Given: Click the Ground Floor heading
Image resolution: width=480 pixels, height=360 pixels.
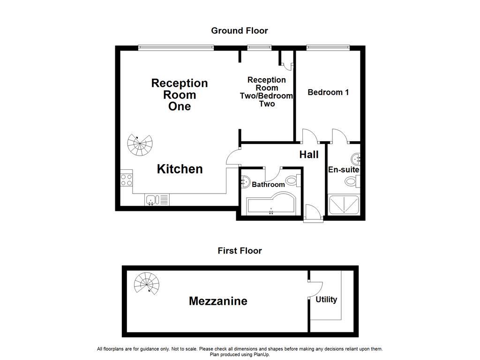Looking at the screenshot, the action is click(x=240, y=30).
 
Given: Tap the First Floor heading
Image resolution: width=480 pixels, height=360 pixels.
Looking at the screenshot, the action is click(x=240, y=251).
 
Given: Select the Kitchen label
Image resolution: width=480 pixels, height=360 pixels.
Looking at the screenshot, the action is click(x=180, y=169).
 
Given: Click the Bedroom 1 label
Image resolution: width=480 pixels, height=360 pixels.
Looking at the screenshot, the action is click(x=328, y=92).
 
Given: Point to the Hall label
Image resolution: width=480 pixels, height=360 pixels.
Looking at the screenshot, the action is click(x=309, y=155).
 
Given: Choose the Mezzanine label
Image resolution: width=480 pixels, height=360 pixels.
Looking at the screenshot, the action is click(x=218, y=301).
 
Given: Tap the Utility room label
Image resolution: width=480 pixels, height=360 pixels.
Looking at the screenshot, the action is click(x=326, y=300).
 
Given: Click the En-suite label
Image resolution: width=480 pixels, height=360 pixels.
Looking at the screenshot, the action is click(x=344, y=170).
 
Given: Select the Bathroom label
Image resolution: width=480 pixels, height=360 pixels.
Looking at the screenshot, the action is click(x=268, y=184).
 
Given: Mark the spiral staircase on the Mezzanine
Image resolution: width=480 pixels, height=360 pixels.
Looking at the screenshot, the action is click(x=147, y=284).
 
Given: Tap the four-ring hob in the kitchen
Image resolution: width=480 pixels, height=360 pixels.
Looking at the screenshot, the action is click(x=127, y=180).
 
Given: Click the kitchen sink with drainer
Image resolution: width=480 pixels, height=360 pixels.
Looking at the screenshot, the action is click(x=157, y=200).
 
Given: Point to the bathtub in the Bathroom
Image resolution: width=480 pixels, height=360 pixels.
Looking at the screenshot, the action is click(x=271, y=203).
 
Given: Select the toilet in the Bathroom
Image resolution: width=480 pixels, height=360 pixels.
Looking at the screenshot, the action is click(x=293, y=180).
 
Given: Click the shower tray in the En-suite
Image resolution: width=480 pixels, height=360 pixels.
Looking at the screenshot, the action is click(x=344, y=204).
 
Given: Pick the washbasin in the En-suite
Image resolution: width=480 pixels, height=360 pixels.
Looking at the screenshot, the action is click(x=356, y=159).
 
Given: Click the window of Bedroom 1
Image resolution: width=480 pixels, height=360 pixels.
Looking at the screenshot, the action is click(x=328, y=47).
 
